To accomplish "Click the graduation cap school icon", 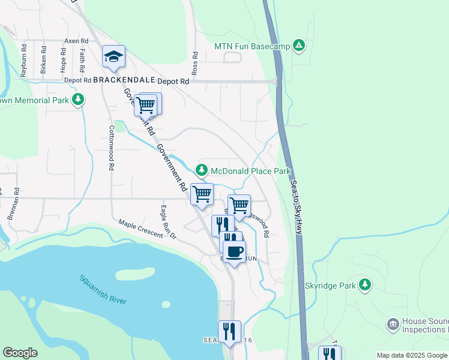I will pyautogui.click(x=113, y=57).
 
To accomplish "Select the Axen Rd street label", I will pyautogui.click(x=76, y=41).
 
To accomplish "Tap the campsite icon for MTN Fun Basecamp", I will pyautogui.click(x=299, y=46).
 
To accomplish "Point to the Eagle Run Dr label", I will pyautogui.click(x=167, y=222).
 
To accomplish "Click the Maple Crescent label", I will pyautogui.click(x=140, y=229).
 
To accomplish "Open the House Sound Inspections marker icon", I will pyautogui.click(x=393, y=325).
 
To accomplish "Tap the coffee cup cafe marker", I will pyautogui.click(x=234, y=251).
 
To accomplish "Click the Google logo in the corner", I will pyautogui.click(x=20, y=353).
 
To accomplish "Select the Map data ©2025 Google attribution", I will pyautogui.click(x=411, y=355).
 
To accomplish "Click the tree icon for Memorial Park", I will pyautogui.click(x=77, y=100).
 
